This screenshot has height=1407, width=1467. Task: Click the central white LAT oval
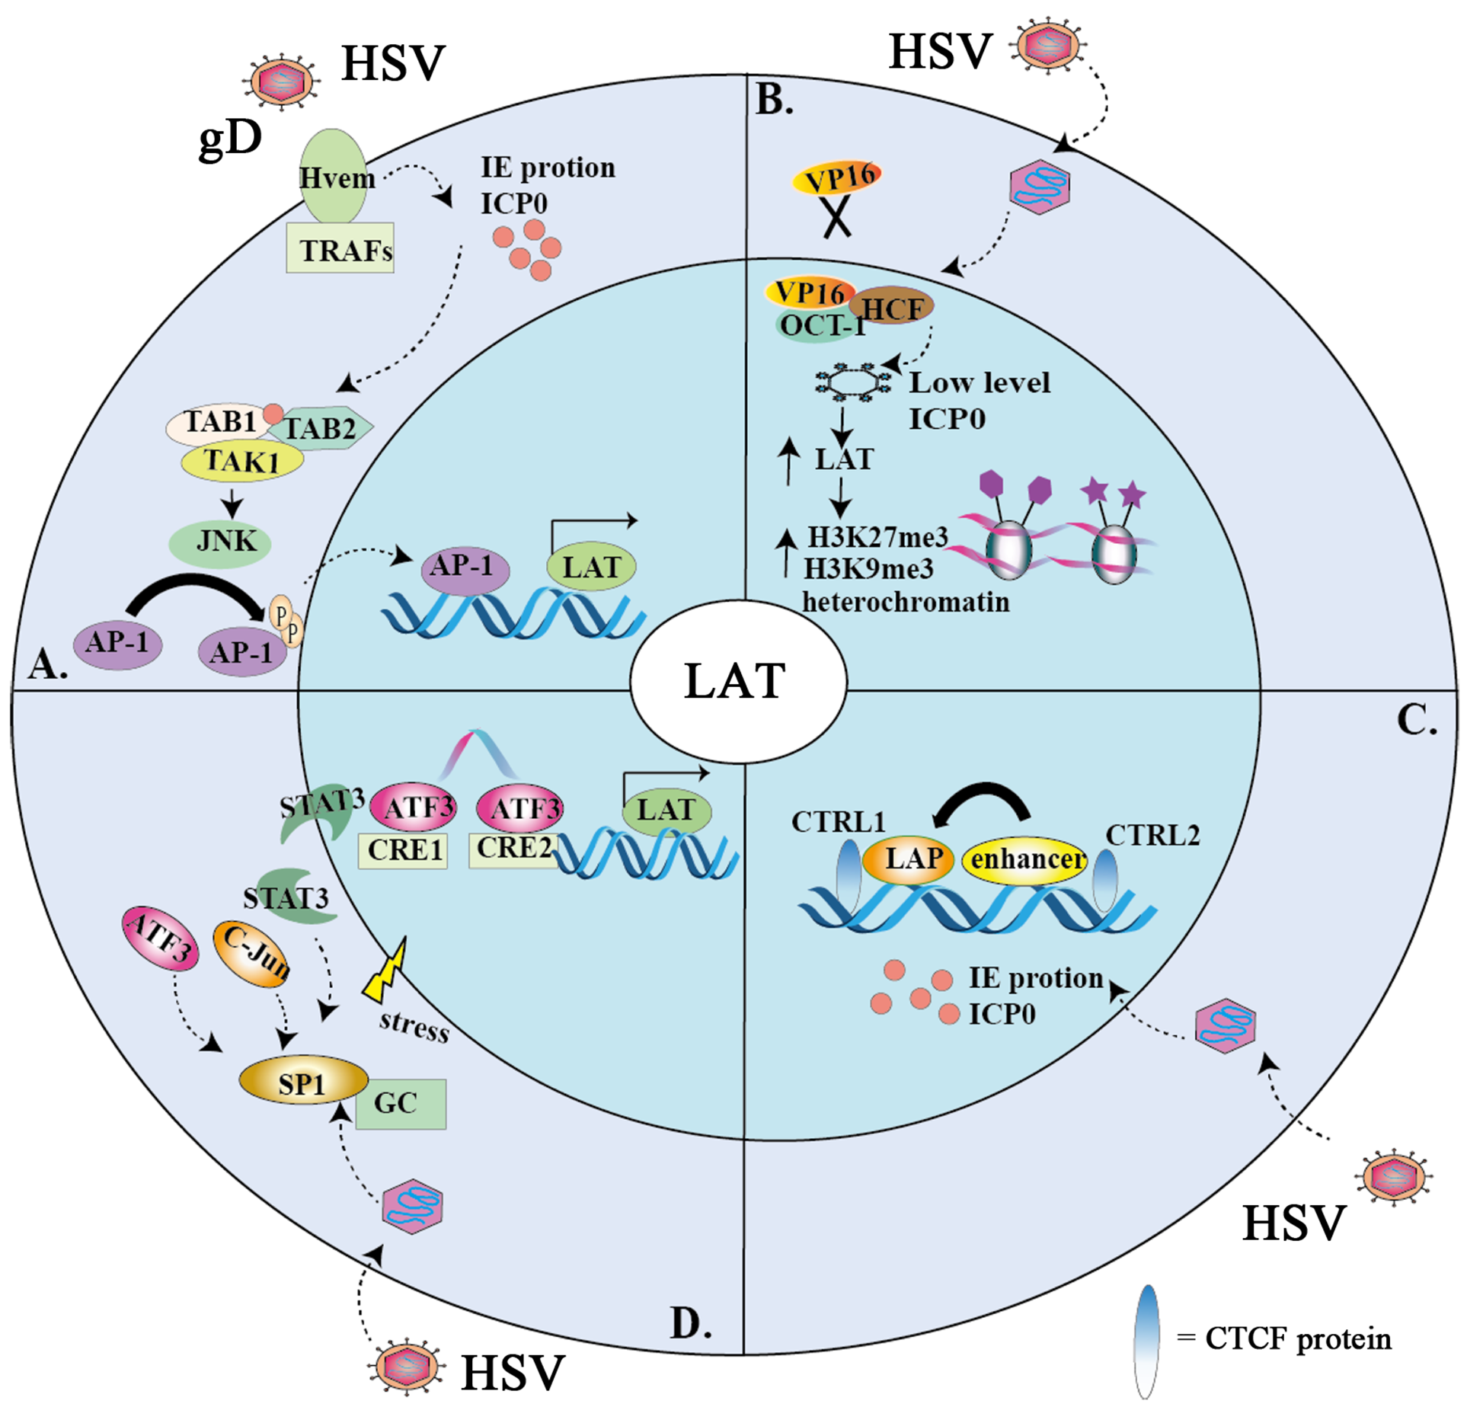[737, 680]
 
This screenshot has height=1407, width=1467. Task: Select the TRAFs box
[340, 249]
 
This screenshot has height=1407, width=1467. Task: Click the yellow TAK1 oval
[241, 461]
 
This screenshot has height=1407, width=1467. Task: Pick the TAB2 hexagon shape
[324, 428]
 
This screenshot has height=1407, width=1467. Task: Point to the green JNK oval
[220, 542]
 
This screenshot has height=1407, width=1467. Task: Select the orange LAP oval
[908, 859]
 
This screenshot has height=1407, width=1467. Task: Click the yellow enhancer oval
[1025, 860]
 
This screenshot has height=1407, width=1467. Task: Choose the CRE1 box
[403, 850]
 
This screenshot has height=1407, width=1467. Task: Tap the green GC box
[400, 1103]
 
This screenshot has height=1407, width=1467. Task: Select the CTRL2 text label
[1152, 836]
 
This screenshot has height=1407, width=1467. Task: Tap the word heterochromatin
[905, 602]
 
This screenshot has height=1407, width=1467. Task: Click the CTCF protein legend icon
[1146, 1338]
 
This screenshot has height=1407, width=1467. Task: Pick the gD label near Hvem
[230, 139]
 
